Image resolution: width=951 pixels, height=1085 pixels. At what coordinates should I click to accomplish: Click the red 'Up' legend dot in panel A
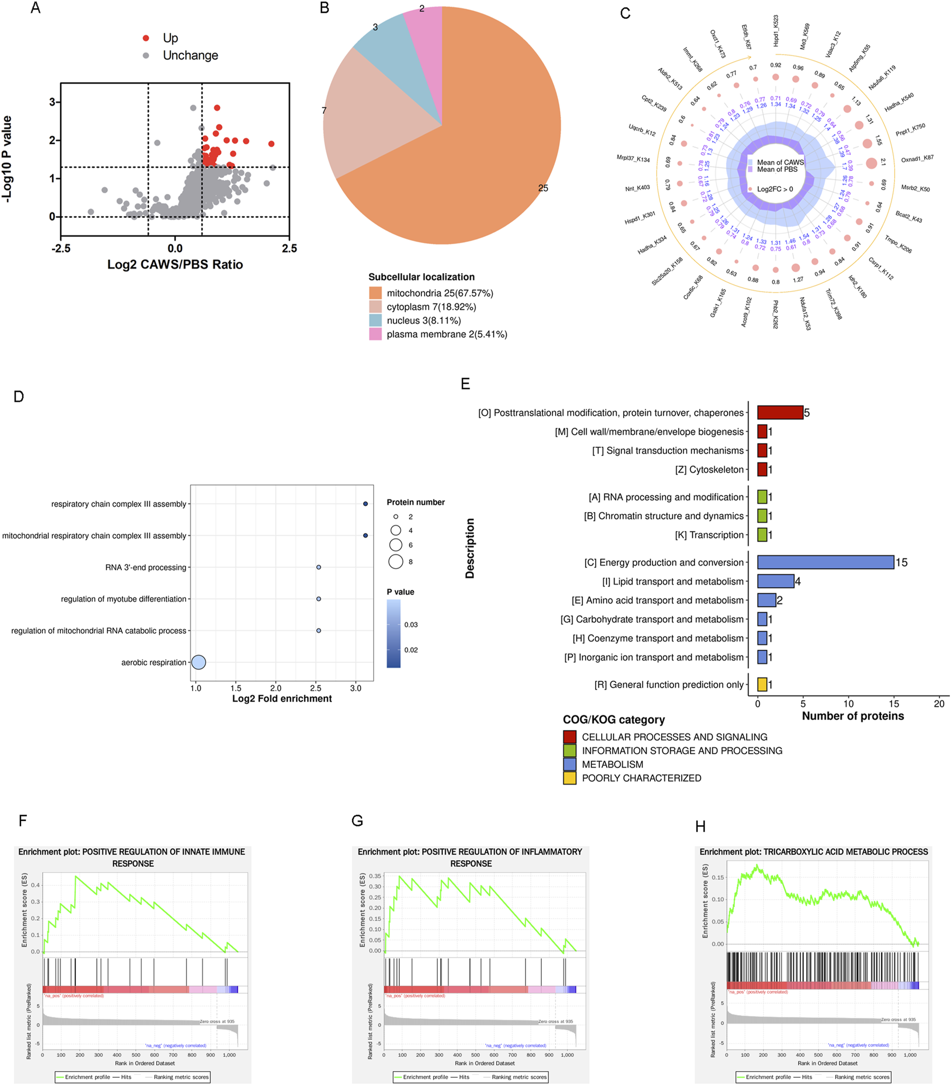pyautogui.click(x=145, y=38)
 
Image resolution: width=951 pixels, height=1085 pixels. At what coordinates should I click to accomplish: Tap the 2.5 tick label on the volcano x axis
pyautogui.click(x=289, y=248)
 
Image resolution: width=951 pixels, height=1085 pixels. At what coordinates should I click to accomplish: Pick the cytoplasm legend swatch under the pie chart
pyautogui.click(x=375, y=307)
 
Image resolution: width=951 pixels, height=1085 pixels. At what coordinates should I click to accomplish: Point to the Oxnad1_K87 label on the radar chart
pyautogui.click(x=917, y=158)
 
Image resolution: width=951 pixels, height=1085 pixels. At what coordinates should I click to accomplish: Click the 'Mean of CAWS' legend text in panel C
pyautogui.click(x=780, y=162)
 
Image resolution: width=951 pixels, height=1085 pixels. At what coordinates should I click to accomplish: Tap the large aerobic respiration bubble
pyautogui.click(x=199, y=662)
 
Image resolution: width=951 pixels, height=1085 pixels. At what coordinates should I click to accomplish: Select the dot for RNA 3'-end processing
pyautogui.click(x=319, y=567)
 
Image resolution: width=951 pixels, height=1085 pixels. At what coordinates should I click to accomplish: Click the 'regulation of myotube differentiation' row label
pyautogui.click(x=123, y=599)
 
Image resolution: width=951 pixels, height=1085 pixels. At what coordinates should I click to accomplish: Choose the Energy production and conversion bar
pyautogui.click(x=825, y=562)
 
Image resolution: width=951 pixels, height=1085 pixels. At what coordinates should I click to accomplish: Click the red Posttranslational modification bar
pyautogui.click(x=780, y=412)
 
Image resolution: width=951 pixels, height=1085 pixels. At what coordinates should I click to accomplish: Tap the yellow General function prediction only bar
pyautogui.click(x=762, y=684)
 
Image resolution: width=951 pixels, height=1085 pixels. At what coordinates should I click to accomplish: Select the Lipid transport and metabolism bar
pyautogui.click(x=776, y=581)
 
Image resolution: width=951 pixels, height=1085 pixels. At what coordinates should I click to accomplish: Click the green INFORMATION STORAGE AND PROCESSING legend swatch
pyautogui.click(x=569, y=751)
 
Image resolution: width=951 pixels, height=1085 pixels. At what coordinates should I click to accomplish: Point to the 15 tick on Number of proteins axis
pyautogui.click(x=894, y=703)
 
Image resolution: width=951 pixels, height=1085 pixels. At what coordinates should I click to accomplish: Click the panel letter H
pyautogui.click(x=700, y=826)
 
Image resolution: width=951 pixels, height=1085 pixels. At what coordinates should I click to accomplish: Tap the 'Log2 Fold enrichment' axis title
pyautogui.click(x=282, y=698)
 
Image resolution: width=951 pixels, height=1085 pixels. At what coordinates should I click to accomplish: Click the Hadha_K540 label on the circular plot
pyautogui.click(x=898, y=103)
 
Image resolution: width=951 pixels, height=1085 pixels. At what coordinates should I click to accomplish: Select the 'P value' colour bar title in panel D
pyautogui.click(x=400, y=592)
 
